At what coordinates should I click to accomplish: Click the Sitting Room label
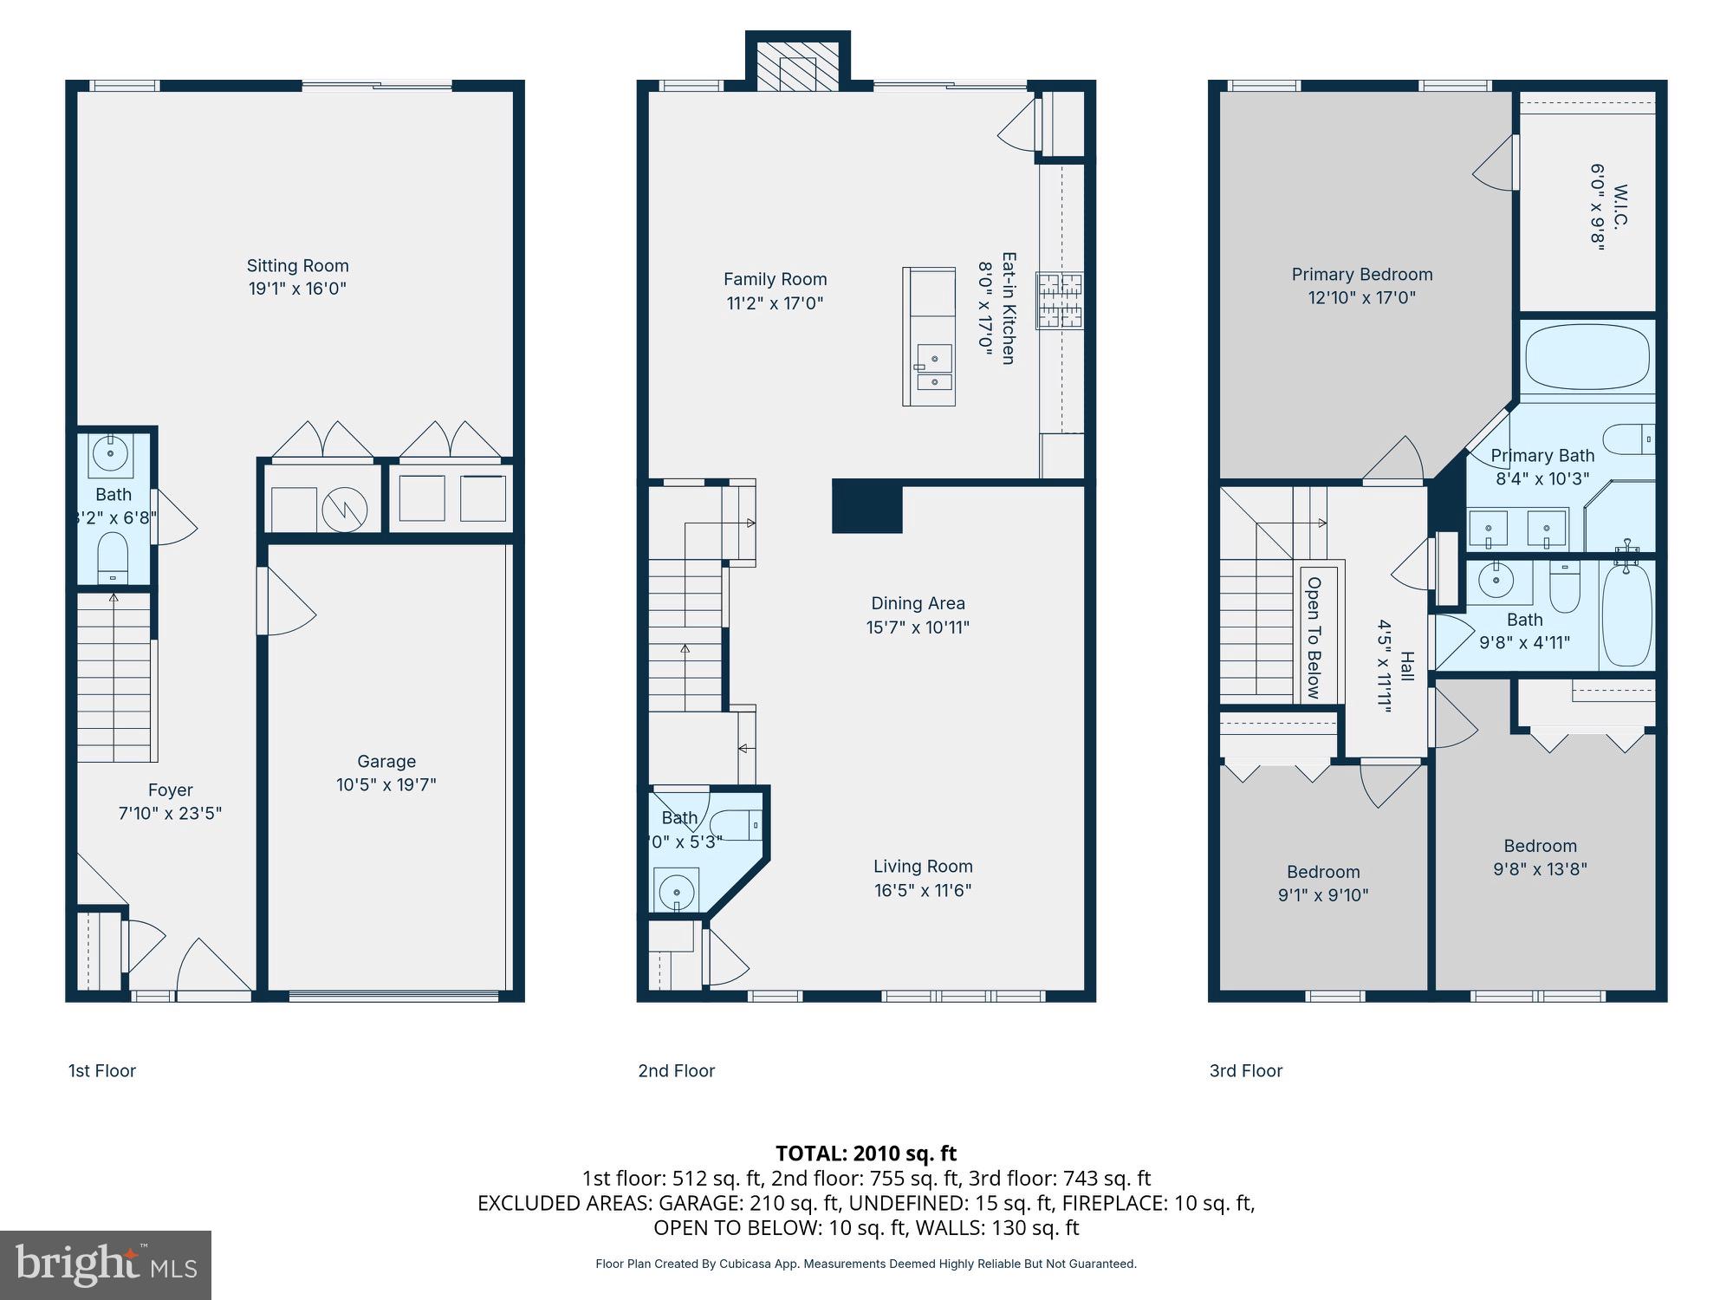pos(297,266)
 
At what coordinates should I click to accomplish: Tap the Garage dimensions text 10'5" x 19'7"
pos(386,785)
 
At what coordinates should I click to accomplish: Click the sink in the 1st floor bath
pos(111,453)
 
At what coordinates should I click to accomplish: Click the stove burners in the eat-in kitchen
pos(1061,301)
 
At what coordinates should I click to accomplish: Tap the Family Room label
pos(775,279)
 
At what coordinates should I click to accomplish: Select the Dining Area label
pos(918,603)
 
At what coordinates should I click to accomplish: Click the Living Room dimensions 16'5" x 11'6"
pos(923,890)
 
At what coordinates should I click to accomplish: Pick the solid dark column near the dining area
pos(867,507)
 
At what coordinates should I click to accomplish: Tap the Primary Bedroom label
pos(1361,275)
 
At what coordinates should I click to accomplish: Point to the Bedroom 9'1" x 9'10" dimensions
pos(1322,895)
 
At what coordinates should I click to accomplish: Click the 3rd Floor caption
pos(1245,1071)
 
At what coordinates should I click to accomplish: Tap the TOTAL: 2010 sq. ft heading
pos(866,1154)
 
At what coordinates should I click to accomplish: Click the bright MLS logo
pos(106,1265)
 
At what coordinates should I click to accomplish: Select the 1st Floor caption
pos(102,1071)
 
